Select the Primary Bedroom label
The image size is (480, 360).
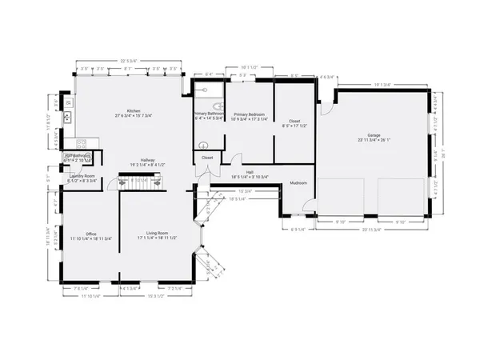[x=248, y=114]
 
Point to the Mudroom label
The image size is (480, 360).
[x=298, y=183]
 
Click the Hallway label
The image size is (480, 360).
[x=147, y=161]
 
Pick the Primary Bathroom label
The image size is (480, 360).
[x=208, y=114]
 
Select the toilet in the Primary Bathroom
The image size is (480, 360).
[x=203, y=146]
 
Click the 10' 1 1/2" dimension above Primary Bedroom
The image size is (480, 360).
[x=249, y=67]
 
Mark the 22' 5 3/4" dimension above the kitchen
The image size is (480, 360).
[x=129, y=61]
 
